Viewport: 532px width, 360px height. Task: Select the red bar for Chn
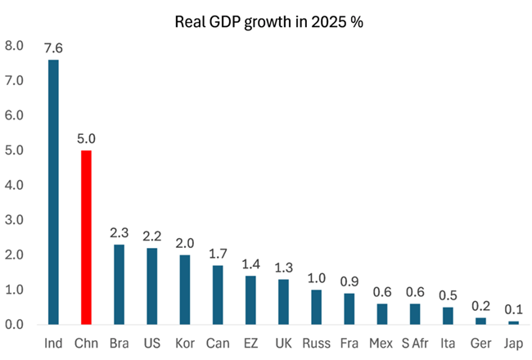pos(86,237)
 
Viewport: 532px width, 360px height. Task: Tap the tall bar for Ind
pos(53,192)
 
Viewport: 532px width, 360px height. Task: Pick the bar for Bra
pos(119,285)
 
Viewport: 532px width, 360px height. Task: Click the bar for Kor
pos(185,290)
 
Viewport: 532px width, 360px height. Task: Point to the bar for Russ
pos(316,307)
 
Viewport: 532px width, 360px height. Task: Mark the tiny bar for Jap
pos(513,322)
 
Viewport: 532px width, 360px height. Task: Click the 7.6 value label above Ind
pos(53,48)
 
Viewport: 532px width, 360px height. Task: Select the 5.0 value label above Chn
pos(86,138)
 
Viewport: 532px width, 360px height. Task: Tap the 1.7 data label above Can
pos(218,253)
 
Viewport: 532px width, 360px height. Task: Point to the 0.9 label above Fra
pos(349,281)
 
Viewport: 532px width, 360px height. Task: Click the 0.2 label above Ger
pos(480,305)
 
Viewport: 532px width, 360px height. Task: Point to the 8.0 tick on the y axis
pos(14,46)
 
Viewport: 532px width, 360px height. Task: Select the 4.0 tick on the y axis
pos(14,185)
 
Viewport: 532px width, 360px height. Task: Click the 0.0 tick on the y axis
pos(14,324)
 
